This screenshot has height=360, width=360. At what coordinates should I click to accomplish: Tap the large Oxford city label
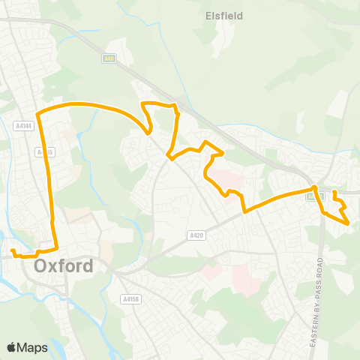tap(64, 265)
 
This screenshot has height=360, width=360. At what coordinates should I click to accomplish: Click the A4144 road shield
tap(24, 127)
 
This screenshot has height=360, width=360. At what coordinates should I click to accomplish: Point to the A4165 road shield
tap(45, 151)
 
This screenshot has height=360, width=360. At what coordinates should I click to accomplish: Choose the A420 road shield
tap(196, 235)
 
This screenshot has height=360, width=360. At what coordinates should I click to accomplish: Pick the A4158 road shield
tap(130, 298)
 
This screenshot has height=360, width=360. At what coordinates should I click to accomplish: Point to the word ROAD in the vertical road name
tap(319, 268)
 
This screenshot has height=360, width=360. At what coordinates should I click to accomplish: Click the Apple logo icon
tap(11, 347)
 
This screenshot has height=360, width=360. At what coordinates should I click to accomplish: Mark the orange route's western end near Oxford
tap(13, 250)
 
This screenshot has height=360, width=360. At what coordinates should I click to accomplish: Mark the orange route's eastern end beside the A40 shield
tap(334, 192)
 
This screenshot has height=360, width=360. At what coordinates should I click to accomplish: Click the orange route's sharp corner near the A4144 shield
tap(37, 112)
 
